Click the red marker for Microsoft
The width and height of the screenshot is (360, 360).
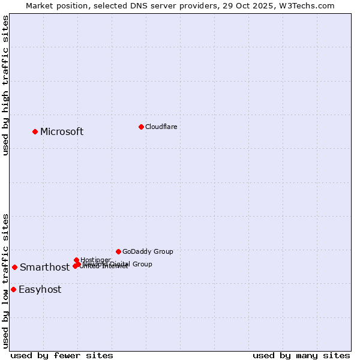click(x=35, y=131)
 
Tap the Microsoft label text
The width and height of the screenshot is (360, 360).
click(x=62, y=132)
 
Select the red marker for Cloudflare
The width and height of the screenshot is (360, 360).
click(x=141, y=127)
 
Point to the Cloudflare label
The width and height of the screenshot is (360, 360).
click(x=161, y=127)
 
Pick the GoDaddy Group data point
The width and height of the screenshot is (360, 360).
click(x=118, y=251)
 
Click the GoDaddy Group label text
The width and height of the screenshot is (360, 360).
click(x=148, y=252)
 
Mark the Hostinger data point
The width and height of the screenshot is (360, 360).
click(x=76, y=260)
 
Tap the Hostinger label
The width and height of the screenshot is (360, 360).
click(x=95, y=260)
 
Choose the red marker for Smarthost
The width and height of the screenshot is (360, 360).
click(x=14, y=267)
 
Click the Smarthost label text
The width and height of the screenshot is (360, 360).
click(x=44, y=268)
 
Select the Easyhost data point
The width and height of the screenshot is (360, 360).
click(x=13, y=289)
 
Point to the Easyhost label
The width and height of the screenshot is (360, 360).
click(x=40, y=290)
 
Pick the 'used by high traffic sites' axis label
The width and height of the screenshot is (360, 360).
click(x=5, y=85)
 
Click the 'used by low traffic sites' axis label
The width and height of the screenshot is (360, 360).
click(x=5, y=280)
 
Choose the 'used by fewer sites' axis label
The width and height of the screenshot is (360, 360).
click(x=62, y=355)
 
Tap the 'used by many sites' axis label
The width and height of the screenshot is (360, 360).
click(x=301, y=355)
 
